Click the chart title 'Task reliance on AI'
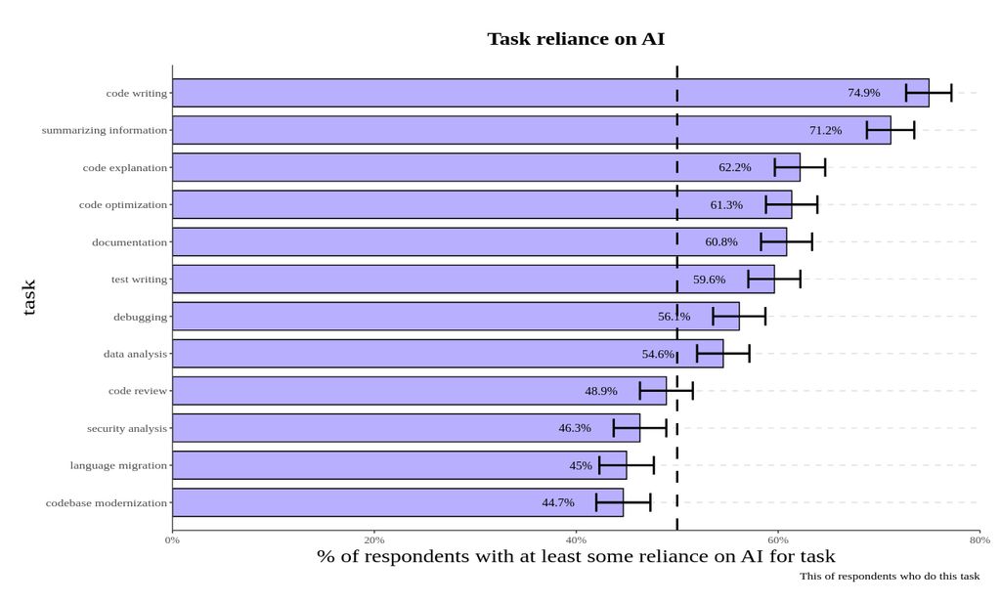coord(576,39)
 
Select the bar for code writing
coord(508,93)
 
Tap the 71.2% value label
coord(825,130)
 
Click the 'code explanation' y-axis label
coord(124,168)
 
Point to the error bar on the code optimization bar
coord(791,205)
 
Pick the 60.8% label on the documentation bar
coord(721,242)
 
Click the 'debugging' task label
coord(140,317)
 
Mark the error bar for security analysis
coord(639,428)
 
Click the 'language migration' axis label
coord(118,465)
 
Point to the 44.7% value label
coord(558,502)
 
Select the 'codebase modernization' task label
coord(106,502)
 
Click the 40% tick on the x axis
coord(576,539)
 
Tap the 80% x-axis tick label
coord(979,539)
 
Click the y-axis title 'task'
coord(29,297)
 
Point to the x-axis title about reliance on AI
coord(576,557)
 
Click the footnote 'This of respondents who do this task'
coord(889,577)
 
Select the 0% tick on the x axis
coord(172,539)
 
